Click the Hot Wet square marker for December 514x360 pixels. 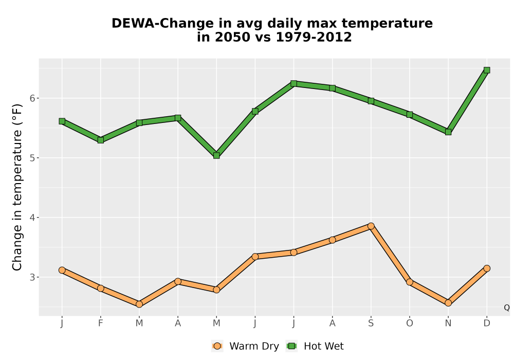point(487,70)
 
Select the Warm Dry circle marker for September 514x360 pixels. point(371,226)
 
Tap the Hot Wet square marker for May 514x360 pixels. point(216,155)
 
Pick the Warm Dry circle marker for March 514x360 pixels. point(139,304)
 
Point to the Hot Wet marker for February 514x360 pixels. point(101,140)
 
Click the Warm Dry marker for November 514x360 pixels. point(448,303)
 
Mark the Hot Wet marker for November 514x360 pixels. point(448,132)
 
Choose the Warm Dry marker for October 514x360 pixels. point(410,282)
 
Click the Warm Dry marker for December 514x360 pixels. point(487,268)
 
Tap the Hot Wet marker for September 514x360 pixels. point(371,101)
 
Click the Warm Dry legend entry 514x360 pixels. point(245,346)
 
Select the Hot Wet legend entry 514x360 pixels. point(315,346)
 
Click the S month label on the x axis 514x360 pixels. point(371,323)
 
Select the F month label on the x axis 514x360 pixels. point(101,323)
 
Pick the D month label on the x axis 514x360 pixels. point(487,323)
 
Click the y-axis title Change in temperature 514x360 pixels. point(17,187)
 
